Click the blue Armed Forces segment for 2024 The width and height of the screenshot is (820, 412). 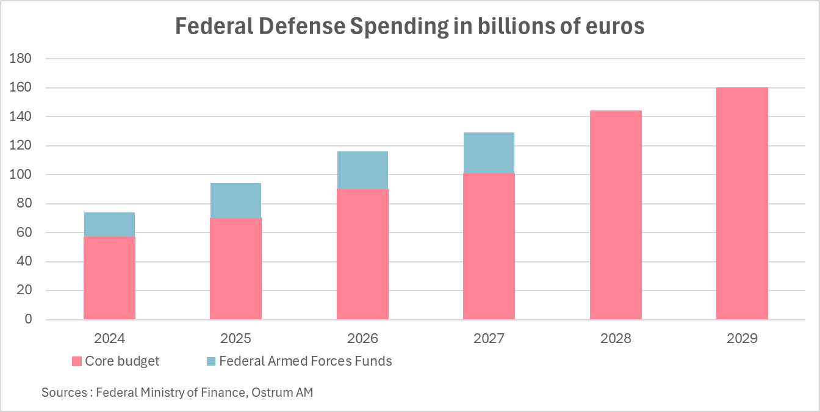(109, 225)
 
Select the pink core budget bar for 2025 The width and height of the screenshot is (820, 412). (236, 269)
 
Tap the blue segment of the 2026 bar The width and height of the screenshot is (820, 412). (362, 170)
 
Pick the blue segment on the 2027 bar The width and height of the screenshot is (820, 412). (489, 153)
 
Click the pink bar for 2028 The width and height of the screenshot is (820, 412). (616, 215)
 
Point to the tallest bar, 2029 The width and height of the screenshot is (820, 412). (742, 203)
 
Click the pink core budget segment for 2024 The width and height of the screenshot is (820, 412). (109, 278)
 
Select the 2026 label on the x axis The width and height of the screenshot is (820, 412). (362, 338)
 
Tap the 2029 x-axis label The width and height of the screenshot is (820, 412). (742, 338)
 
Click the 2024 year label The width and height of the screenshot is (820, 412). (109, 338)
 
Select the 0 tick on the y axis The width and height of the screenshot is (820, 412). (27, 319)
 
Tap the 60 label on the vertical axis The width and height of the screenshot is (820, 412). (24, 233)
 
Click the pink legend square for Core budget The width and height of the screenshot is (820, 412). (76, 361)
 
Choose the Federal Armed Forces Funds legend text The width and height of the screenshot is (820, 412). (305, 361)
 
